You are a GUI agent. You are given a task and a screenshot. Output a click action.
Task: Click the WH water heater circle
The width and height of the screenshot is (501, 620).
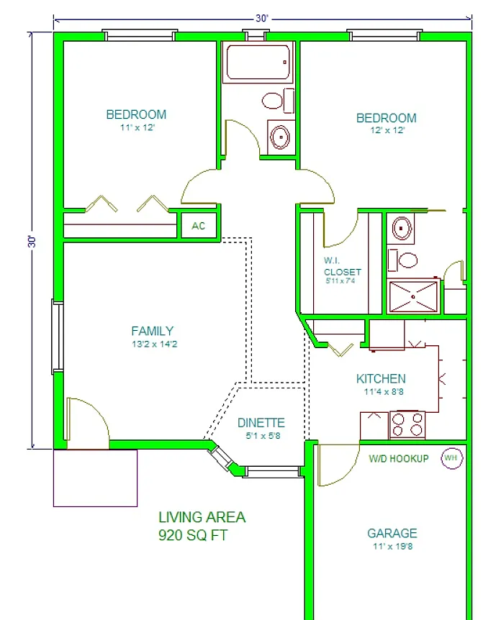click(451, 458)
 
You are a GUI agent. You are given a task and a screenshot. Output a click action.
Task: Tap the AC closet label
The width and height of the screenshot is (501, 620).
click(198, 226)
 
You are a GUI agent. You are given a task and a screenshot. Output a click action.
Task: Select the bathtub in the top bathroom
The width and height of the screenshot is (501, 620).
click(258, 63)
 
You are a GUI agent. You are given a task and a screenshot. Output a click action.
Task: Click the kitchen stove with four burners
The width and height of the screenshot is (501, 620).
click(407, 425)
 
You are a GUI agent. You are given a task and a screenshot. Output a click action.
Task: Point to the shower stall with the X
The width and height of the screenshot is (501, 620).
click(414, 296)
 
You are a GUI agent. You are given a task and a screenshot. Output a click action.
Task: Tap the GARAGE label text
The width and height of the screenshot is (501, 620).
click(392, 534)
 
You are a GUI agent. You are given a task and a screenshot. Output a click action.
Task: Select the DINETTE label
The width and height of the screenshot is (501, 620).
click(261, 423)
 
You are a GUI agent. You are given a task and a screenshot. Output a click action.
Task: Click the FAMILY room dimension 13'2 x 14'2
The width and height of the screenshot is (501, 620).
click(154, 344)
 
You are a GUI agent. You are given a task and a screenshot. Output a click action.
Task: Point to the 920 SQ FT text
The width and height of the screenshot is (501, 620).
click(193, 535)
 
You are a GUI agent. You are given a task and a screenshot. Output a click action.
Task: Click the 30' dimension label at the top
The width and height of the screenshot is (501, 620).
click(261, 18)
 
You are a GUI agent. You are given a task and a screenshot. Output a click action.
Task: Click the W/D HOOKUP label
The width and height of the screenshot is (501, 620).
click(399, 459)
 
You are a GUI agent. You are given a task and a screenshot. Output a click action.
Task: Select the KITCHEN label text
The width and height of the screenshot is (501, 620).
click(381, 379)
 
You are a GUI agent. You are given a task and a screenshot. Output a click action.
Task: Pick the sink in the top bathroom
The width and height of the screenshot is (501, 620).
click(281, 137)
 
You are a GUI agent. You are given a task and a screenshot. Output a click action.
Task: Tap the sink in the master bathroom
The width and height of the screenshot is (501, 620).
click(401, 228)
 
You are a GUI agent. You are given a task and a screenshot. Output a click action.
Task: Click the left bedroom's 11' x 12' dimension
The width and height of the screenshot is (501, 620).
click(137, 127)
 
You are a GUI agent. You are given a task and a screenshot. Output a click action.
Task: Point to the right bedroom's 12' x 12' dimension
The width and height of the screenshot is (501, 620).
click(387, 130)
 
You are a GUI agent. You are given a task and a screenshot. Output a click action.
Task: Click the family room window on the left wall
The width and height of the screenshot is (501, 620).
click(58, 337)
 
